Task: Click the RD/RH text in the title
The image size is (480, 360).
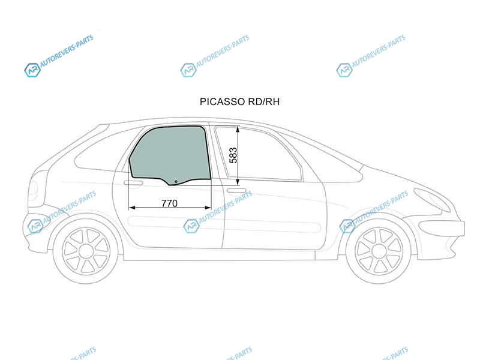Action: tap(264, 101)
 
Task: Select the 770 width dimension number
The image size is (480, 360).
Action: tap(169, 203)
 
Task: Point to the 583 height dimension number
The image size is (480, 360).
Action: tap(233, 155)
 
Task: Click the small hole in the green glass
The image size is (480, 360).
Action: tap(176, 182)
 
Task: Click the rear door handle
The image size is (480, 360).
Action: tap(133, 183)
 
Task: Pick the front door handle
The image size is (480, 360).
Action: tap(236, 191)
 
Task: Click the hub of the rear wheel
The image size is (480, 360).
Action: tap(86, 251)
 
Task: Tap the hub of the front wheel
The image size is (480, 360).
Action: tap(379, 251)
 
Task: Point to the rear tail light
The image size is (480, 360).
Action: tap(33, 189)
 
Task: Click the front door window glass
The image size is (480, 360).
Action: tap(259, 153)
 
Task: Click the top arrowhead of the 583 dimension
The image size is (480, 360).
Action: tap(238, 130)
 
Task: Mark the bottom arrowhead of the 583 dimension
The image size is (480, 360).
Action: tap(238, 182)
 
